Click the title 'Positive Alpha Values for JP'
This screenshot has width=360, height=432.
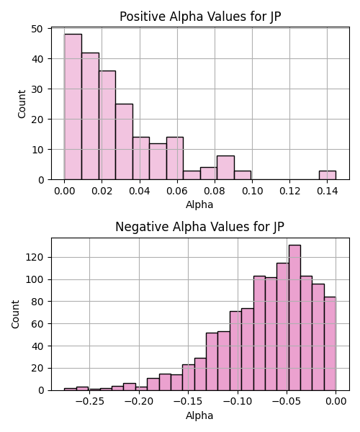point(200,17)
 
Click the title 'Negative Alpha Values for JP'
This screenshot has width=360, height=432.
point(199,227)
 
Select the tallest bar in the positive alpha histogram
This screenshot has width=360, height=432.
point(73,107)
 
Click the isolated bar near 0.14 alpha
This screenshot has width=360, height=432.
point(328,175)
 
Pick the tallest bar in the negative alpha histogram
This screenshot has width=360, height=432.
point(294,318)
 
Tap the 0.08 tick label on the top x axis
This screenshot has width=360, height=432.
point(215,191)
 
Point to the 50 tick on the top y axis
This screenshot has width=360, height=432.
point(37,29)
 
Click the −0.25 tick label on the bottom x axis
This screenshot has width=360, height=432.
point(89,402)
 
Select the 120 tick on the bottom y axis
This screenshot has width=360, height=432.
point(35,257)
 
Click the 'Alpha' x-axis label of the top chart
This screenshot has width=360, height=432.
point(199,204)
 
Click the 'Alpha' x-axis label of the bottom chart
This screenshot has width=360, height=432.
point(199,415)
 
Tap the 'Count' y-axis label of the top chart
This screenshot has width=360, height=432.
point(22,104)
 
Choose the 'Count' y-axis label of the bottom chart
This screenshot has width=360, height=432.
point(15,315)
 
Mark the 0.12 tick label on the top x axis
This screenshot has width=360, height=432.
point(289,191)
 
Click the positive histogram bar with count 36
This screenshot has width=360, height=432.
point(107,125)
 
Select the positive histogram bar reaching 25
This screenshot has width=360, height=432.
point(125,142)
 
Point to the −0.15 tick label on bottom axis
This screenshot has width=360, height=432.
point(189,402)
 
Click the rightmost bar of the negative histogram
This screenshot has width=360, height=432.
point(330,343)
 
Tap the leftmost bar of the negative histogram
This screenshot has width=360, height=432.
point(71,390)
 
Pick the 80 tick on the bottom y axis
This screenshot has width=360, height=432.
point(37,302)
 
